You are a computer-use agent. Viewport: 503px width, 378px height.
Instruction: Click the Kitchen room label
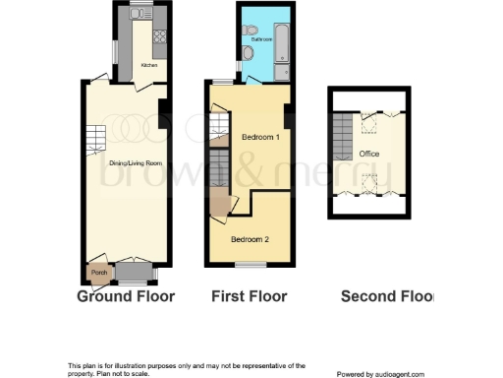[x=148, y=66]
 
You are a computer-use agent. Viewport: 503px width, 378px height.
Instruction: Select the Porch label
[x=98, y=273]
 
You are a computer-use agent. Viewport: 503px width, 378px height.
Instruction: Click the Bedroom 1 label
[x=260, y=138]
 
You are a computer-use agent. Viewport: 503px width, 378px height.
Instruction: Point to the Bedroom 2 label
[x=250, y=239]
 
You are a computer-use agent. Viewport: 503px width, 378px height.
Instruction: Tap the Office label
[x=369, y=155]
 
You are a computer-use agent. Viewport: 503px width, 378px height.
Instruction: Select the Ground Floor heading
[x=126, y=296]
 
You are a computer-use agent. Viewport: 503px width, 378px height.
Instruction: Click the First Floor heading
[x=250, y=296]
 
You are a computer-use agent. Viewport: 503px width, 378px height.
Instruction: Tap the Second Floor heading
[x=386, y=296]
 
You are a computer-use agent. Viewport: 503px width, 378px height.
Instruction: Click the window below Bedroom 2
[x=251, y=264]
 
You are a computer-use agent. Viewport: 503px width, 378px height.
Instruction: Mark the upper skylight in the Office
[x=370, y=125]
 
